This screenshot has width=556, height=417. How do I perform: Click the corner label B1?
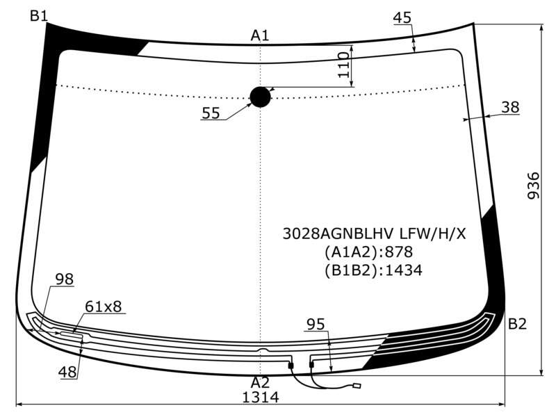click(x=39, y=16)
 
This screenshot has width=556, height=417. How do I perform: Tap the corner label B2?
click(x=517, y=324)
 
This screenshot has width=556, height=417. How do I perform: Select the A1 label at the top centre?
click(x=260, y=35)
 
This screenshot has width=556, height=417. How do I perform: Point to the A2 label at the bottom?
click(x=260, y=383)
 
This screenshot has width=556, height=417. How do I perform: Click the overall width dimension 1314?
click(x=260, y=397)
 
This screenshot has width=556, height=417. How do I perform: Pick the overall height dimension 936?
click(x=533, y=186)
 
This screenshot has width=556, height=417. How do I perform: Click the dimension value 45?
click(x=402, y=18)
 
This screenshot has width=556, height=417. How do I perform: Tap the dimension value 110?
click(x=343, y=65)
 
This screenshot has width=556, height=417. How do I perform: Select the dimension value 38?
click(x=511, y=107)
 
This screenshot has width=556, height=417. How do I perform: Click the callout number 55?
click(x=211, y=113)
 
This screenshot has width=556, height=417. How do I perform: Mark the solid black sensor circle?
click(x=260, y=97)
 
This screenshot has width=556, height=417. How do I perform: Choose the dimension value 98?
click(x=65, y=279)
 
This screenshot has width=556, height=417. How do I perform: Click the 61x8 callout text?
click(x=103, y=306)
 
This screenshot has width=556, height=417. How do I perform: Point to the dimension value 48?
click(x=67, y=372)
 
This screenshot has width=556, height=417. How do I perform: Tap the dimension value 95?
click(x=316, y=324)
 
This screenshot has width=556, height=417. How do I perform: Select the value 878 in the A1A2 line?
click(x=399, y=252)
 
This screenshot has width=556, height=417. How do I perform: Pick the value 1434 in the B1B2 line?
click(x=404, y=270)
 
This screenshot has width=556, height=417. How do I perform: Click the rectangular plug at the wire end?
click(x=357, y=386)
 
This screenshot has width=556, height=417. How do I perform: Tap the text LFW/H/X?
click(x=433, y=234)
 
